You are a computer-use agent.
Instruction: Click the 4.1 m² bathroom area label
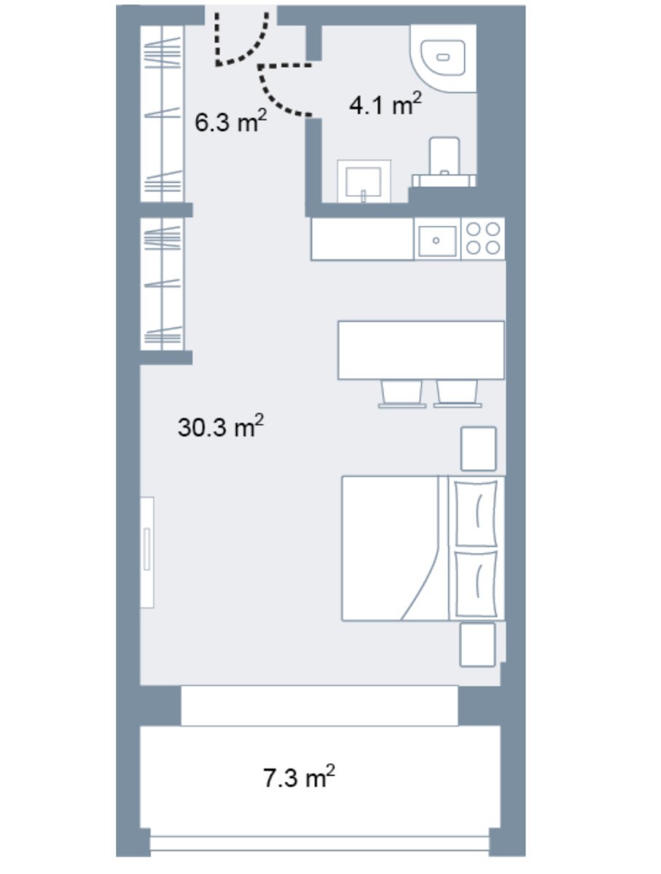pyautogui.click(x=385, y=104)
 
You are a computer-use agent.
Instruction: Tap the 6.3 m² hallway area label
pyautogui.click(x=230, y=121)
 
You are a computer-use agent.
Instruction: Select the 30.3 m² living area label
pyautogui.click(x=220, y=427)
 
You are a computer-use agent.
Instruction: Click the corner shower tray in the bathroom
pyautogui.click(x=443, y=58)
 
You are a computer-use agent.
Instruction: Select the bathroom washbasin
pyautogui.click(x=364, y=181)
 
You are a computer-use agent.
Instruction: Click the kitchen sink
pyautogui.click(x=437, y=240)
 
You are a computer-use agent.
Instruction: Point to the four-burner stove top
pyautogui.click(x=483, y=238)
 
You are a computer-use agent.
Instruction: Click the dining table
pyautogui.click(x=421, y=350)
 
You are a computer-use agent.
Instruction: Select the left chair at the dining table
pyautogui.click(x=402, y=394)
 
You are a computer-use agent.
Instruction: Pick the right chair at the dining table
pyautogui.click(x=458, y=394)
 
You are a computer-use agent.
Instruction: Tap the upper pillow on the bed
pyautogui.click(x=477, y=513)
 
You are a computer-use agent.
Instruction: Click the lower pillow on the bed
pyautogui.click(x=477, y=584)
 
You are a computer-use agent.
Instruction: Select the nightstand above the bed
pyautogui.click(x=479, y=449)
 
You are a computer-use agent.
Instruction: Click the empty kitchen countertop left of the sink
pyautogui.click(x=363, y=239)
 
